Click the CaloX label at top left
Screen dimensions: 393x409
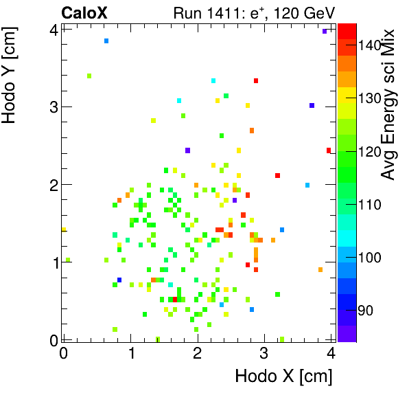[x=84, y=12]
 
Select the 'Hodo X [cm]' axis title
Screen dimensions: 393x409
[x=283, y=377]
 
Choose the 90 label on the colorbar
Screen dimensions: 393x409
[x=366, y=311]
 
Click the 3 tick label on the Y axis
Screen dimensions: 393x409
[x=53, y=106]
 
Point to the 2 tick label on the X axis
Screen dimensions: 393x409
[x=197, y=353]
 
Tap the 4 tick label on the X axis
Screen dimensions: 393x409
[x=331, y=353]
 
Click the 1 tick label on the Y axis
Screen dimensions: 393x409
[x=53, y=262]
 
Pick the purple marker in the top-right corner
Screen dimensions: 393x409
[x=325, y=32]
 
